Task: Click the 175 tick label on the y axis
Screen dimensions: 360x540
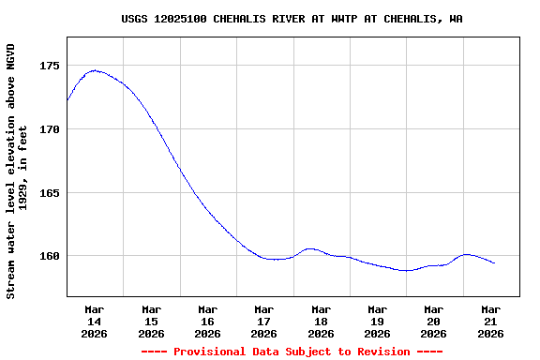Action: click(x=50, y=66)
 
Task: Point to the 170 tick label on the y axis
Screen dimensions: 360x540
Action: click(x=50, y=129)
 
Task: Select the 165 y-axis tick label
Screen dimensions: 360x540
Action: click(x=50, y=193)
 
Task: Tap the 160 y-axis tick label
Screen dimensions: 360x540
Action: click(x=50, y=256)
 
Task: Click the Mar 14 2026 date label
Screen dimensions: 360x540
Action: click(x=95, y=321)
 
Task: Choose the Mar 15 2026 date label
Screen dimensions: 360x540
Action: click(x=151, y=321)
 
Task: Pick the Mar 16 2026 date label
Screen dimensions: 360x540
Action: click(x=207, y=321)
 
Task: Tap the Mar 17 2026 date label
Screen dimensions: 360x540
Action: click(x=264, y=321)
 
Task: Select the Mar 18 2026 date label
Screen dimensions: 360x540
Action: click(x=321, y=321)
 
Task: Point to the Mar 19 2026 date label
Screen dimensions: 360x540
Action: click(x=377, y=321)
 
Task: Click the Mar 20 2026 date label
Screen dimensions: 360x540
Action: click(x=434, y=321)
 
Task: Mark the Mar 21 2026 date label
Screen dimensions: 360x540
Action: click(x=490, y=321)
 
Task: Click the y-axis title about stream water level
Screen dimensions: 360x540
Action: click(x=17, y=171)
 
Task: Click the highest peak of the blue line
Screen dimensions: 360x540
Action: click(x=94, y=70)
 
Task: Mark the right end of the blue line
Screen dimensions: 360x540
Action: click(x=494, y=263)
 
